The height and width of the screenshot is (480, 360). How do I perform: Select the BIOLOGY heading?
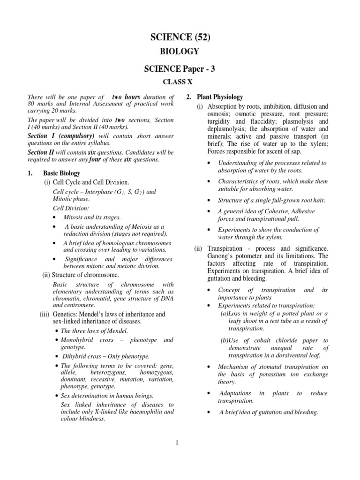tap(180, 52)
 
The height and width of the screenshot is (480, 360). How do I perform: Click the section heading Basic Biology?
tap(61, 173)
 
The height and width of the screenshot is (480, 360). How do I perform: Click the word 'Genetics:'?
tap(64, 314)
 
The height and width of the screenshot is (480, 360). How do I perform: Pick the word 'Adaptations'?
tap(235, 393)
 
